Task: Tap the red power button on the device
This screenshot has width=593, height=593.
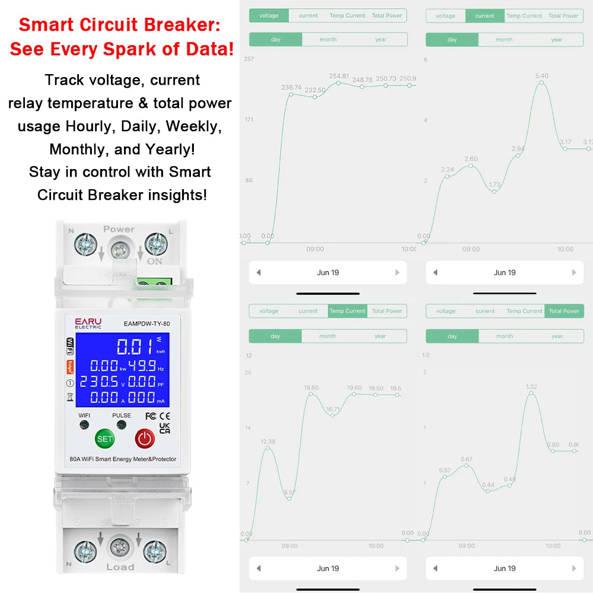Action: point(145,439)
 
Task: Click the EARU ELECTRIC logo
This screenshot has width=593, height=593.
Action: point(88,323)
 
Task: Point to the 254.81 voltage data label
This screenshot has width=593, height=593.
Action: point(339,76)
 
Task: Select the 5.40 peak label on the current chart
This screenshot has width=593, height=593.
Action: point(541,76)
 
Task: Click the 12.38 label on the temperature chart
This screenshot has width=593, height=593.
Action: point(268,441)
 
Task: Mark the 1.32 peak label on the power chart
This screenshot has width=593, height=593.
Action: point(531,387)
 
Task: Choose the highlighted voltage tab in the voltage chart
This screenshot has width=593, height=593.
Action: point(269,15)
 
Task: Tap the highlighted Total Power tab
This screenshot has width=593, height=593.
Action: point(563,311)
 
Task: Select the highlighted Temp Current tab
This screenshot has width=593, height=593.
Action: point(347,311)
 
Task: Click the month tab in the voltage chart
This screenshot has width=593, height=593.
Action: point(328,40)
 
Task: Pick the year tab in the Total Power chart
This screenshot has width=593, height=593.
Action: point(557,336)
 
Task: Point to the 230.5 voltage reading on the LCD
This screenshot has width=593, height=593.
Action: point(99,381)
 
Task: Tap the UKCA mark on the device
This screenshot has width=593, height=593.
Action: point(165,428)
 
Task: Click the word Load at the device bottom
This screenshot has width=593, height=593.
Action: point(120,567)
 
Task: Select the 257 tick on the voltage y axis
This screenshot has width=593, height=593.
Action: point(249,59)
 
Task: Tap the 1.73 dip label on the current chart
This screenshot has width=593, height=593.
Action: point(495,185)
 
